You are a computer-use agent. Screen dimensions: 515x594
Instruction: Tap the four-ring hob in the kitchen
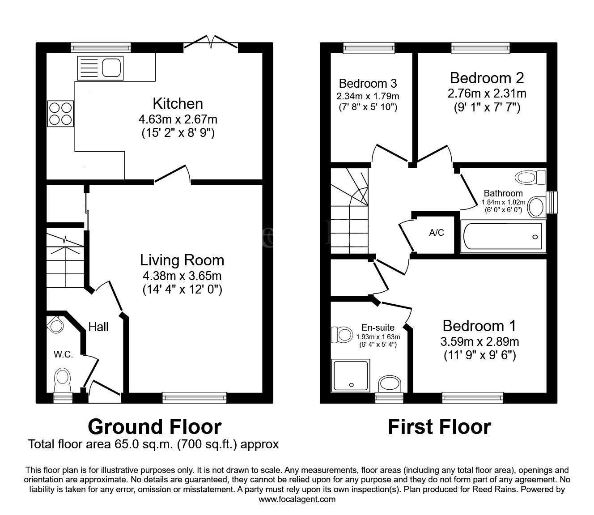(61, 114)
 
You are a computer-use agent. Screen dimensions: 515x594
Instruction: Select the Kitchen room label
(178, 103)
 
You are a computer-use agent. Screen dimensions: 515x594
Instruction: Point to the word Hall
(98, 327)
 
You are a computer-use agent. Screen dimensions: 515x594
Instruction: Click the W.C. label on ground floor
(64, 354)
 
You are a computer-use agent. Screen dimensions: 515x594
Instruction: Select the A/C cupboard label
(437, 233)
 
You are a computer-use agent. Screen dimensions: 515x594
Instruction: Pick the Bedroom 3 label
(368, 83)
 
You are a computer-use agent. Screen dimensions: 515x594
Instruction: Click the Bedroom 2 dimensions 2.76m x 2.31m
(487, 94)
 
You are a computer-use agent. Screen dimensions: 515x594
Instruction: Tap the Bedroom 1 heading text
(479, 325)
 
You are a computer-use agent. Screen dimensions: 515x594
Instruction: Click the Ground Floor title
(154, 427)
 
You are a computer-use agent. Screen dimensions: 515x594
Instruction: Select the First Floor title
(439, 427)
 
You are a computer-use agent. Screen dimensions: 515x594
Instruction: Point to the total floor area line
(153, 444)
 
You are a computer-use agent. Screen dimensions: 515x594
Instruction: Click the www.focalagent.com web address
(297, 499)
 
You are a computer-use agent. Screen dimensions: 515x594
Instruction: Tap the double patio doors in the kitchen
(211, 43)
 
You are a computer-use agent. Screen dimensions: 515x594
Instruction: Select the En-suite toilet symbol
(341, 334)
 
